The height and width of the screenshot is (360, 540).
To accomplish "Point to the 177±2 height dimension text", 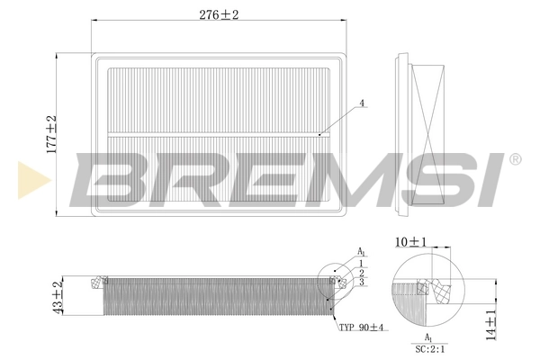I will (x=51, y=132).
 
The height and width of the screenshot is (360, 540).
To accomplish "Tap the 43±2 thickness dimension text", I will (x=58, y=298).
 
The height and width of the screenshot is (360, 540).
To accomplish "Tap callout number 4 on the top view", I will (x=362, y=103).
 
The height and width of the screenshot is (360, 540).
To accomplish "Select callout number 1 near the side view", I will (x=360, y=263).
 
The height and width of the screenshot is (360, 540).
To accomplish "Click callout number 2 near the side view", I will (x=360, y=273).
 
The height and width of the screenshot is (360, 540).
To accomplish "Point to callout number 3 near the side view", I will (x=360, y=283).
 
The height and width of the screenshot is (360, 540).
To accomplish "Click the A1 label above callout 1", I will (x=361, y=251).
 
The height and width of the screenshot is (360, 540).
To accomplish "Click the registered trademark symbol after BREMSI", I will (x=514, y=160).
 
